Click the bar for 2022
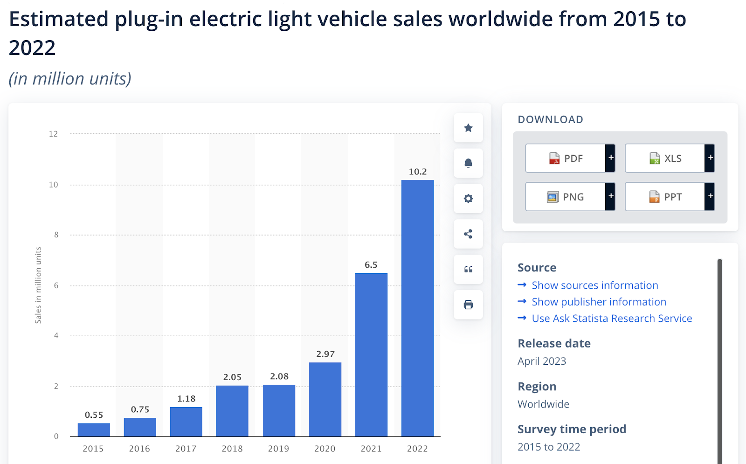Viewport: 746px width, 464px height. click(x=417, y=308)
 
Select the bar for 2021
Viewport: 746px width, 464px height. click(x=371, y=354)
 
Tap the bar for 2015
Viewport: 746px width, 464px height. click(x=94, y=429)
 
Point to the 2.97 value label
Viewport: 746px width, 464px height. click(x=325, y=354)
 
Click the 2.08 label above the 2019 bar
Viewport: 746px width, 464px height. click(x=279, y=376)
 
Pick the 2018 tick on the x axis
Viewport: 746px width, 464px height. click(x=232, y=449)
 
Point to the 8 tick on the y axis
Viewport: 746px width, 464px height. click(x=56, y=235)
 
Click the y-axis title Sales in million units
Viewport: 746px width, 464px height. click(x=38, y=285)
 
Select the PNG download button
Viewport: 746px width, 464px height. click(x=566, y=197)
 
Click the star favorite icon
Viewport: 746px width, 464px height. click(x=468, y=128)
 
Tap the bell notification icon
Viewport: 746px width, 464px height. click(x=468, y=163)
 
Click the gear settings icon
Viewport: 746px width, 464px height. click(x=468, y=199)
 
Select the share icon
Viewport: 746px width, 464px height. click(x=468, y=234)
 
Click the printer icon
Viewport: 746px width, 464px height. click(x=468, y=305)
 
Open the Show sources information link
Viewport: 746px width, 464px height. click(x=594, y=285)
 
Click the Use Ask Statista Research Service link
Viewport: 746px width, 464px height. click(x=611, y=319)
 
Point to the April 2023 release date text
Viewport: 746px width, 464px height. click(x=542, y=361)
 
